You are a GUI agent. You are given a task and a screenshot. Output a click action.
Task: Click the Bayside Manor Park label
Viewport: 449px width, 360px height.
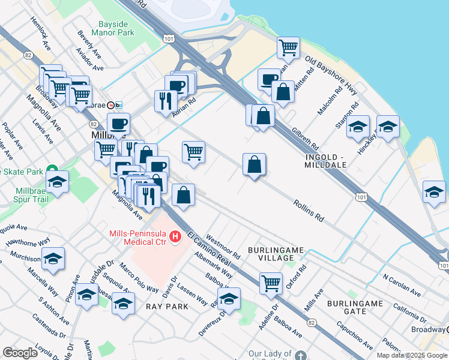(x=116, y=28)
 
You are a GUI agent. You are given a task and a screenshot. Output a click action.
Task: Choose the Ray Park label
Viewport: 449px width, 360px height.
(x=167, y=306)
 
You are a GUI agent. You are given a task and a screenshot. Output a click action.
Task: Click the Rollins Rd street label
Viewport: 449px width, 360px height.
(x=309, y=211)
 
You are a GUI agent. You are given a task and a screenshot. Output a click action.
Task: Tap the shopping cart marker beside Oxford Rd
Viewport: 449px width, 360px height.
(x=271, y=282)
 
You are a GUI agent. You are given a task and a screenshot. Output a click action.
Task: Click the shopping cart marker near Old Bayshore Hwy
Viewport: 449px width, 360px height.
(x=288, y=47)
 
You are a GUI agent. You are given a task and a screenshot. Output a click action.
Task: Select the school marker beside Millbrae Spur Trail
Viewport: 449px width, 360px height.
(x=58, y=181)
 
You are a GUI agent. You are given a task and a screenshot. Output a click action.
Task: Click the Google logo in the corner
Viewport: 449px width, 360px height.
(x=20, y=353)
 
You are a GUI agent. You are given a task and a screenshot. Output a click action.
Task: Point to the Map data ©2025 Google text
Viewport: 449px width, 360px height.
(x=412, y=355)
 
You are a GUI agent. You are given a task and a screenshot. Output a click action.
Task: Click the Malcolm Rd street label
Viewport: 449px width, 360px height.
(x=330, y=101)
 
